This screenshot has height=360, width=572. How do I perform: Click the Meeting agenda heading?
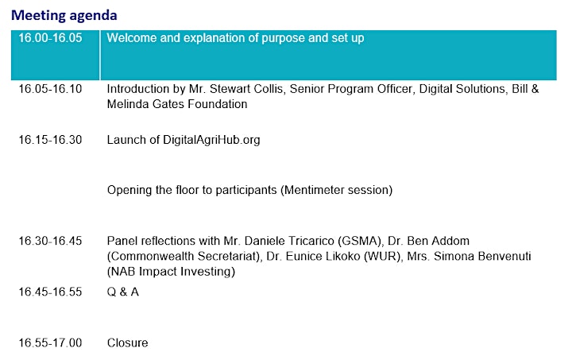pyautogui.click(x=64, y=16)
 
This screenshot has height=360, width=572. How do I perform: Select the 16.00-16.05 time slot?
pyautogui.click(x=50, y=38)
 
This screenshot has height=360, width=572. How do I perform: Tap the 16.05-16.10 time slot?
pyautogui.click(x=50, y=89)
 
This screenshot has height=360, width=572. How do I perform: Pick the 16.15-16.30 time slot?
pyautogui.click(x=50, y=140)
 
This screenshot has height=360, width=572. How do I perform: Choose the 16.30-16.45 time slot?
pyautogui.click(x=50, y=241)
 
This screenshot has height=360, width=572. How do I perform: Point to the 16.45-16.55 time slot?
pyautogui.click(x=50, y=292)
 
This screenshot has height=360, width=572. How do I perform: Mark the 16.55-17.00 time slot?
pyautogui.click(x=50, y=343)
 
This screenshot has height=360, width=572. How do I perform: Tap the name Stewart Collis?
pyautogui.click(x=246, y=89)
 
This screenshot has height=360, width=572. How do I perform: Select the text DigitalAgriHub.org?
pyautogui.click(x=211, y=140)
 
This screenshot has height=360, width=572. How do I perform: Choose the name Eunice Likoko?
pyautogui.click(x=323, y=257)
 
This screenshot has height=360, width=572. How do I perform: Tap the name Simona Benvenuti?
pyautogui.click(x=482, y=257)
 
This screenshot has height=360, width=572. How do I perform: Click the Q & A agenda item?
pyautogui.click(x=123, y=292)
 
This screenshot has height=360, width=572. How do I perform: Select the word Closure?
pyautogui.click(x=128, y=343)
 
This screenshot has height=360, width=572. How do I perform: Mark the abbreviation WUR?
pyautogui.click(x=382, y=257)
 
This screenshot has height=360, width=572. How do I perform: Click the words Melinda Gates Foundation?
pyautogui.click(x=177, y=104)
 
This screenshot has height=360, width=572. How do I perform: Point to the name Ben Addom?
pyautogui.click(x=438, y=241)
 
